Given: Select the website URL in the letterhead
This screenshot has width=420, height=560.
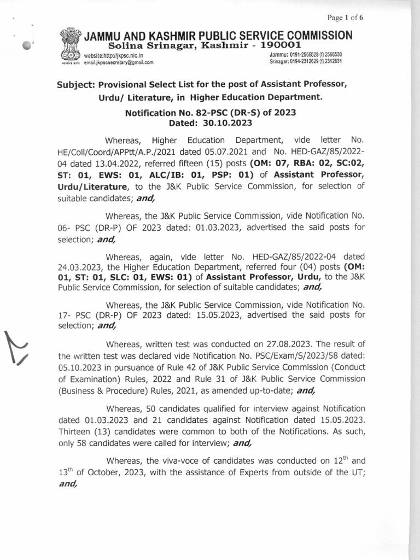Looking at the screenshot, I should (113, 56).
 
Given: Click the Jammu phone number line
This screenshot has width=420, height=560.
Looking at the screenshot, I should (306, 56).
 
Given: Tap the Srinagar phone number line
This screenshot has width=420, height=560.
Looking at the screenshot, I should (306, 62).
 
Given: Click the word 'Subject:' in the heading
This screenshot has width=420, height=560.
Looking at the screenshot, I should (80, 86).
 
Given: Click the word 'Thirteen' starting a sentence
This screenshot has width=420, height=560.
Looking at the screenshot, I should (77, 431).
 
